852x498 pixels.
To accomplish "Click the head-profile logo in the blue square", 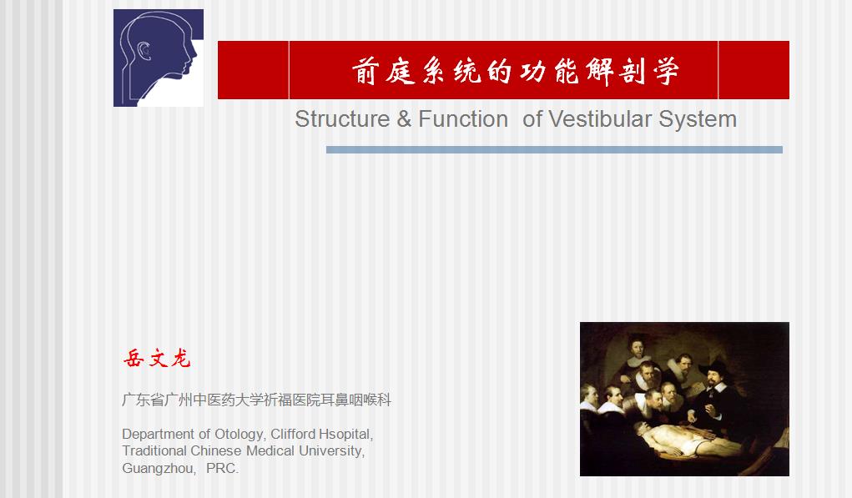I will [159, 58].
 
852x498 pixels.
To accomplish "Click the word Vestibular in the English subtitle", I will [599, 119].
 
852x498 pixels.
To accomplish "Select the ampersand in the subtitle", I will [404, 119].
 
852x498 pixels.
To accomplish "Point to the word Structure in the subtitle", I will [342, 119].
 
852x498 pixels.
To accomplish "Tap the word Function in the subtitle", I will [463, 119].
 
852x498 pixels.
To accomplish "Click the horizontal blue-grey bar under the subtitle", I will [554, 150].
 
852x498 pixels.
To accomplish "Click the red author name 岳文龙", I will [157, 359].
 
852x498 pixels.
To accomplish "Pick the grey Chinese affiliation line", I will [256, 400].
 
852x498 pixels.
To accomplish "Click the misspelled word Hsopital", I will [345, 435].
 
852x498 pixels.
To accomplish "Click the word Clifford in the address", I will [293, 435].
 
